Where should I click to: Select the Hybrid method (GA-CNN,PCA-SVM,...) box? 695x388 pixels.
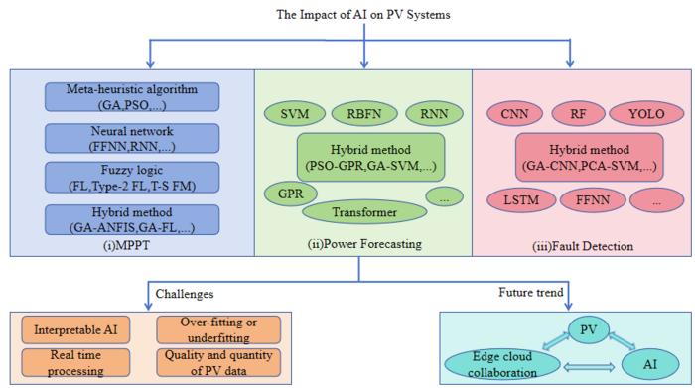tap(579, 155)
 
